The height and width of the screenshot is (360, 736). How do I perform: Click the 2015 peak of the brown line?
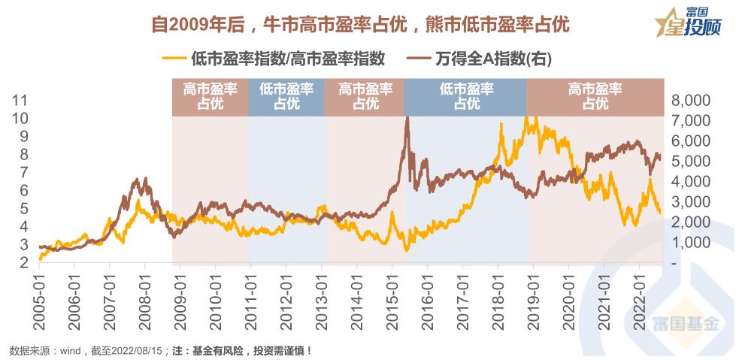pos(407,118)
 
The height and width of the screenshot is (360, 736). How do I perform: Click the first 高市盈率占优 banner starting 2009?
pos(210,96)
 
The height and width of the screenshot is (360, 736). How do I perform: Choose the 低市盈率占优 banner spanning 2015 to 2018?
pos(466,96)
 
